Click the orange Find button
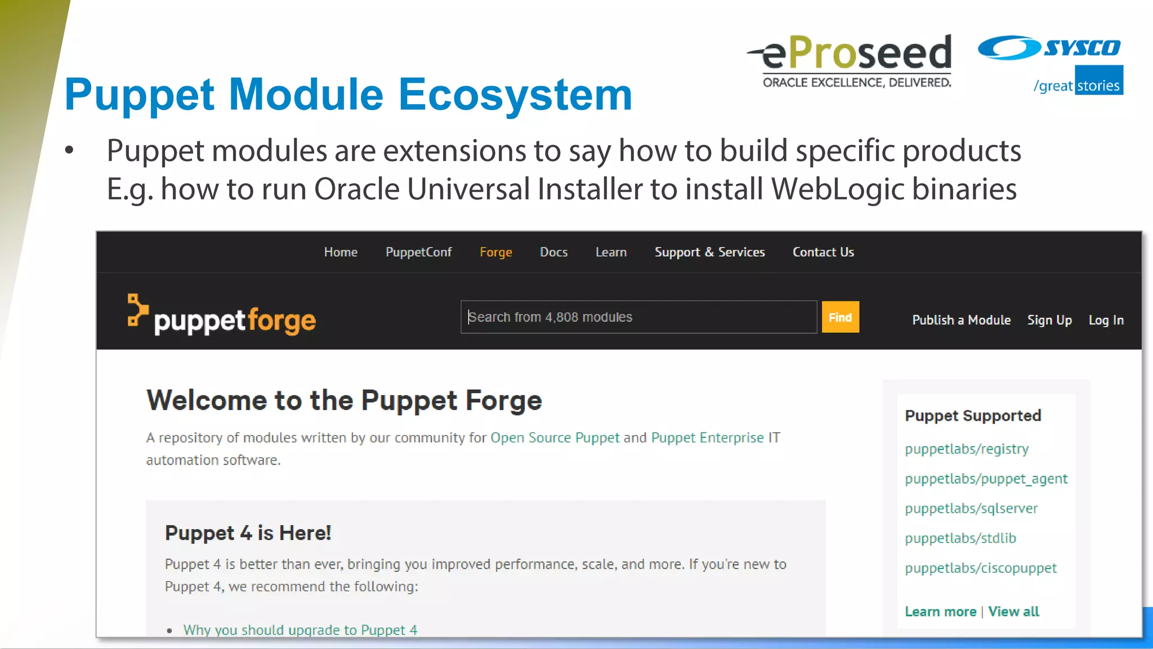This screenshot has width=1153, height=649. (840, 317)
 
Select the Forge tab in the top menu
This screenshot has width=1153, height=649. (495, 252)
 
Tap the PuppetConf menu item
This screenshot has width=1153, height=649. (418, 252)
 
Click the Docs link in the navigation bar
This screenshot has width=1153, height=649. (553, 252)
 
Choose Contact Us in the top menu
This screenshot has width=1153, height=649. (823, 252)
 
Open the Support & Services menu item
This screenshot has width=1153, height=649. (709, 252)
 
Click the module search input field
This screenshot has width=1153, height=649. (638, 317)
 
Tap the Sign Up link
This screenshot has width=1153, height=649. (1049, 320)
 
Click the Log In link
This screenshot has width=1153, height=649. (1106, 320)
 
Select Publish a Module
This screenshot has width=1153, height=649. (961, 320)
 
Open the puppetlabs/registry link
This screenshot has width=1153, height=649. (967, 449)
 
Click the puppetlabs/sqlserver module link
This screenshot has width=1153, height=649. (971, 508)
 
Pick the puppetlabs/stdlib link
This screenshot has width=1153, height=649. (960, 538)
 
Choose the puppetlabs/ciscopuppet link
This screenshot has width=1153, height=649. (981, 568)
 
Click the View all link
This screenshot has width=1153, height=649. (1013, 611)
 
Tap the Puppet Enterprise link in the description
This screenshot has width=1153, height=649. (707, 438)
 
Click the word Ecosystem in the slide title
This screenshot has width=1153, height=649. (515, 95)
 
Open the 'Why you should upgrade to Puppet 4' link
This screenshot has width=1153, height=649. (300, 630)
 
